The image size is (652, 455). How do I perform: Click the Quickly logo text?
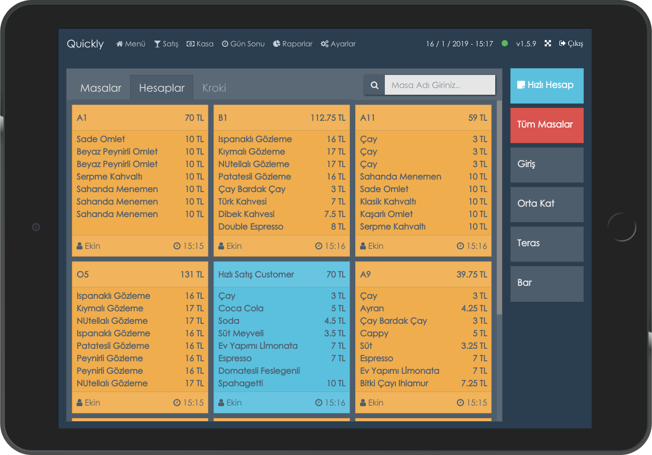(x=85, y=44)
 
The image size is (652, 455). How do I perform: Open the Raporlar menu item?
(x=293, y=44)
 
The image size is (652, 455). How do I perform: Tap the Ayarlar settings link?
(x=338, y=44)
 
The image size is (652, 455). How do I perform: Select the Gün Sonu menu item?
(x=243, y=44)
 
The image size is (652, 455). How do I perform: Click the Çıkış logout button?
(x=571, y=44)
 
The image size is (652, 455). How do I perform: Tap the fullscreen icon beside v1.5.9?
(x=548, y=44)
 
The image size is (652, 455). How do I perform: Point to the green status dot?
(x=505, y=44)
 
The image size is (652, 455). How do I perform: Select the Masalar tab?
(x=101, y=88)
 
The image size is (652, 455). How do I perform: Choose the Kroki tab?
(x=214, y=88)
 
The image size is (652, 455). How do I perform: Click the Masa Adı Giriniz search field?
(x=440, y=85)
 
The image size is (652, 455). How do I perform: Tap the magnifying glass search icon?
(x=374, y=85)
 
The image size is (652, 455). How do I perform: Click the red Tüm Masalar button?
(x=547, y=125)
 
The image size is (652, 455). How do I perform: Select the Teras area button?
(x=547, y=244)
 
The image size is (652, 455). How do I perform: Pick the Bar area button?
(x=547, y=283)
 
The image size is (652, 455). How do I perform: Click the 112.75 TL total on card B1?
(x=328, y=118)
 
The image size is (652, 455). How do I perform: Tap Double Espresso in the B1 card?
(x=250, y=227)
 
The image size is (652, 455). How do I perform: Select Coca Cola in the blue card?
(x=241, y=309)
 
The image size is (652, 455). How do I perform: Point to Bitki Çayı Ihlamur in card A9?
(x=394, y=384)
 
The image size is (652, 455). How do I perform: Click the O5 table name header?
(x=83, y=275)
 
